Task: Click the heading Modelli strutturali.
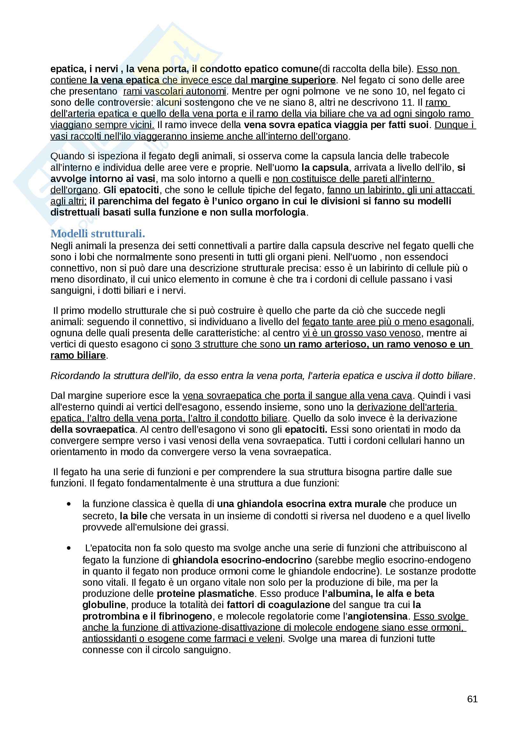(x=98, y=233)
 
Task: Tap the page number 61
(x=472, y=699)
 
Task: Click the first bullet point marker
(x=69, y=504)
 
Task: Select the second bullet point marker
(x=69, y=548)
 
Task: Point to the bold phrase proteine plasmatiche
(x=205, y=593)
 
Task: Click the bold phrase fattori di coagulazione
(x=279, y=605)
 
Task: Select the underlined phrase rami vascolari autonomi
(x=174, y=91)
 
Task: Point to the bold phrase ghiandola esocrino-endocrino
(x=242, y=560)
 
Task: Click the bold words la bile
(x=134, y=516)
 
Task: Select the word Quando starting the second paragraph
(x=65, y=156)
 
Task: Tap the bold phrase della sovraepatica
(x=93, y=430)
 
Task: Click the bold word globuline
(x=104, y=605)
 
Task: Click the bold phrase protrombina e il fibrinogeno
(x=147, y=616)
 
